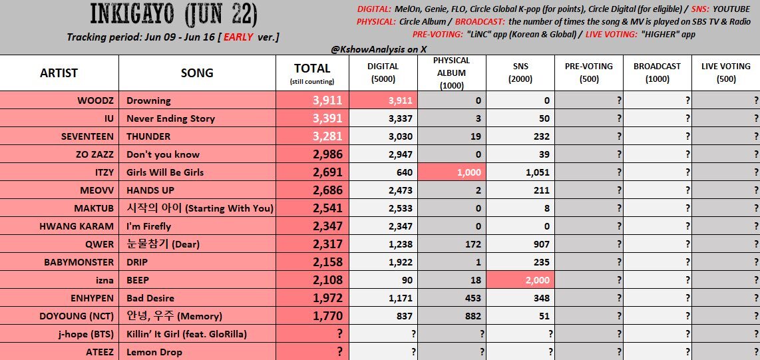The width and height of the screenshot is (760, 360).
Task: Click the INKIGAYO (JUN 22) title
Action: point(174,15)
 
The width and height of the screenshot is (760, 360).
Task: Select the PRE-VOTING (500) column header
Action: point(589,72)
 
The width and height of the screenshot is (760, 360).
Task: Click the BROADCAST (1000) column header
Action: point(658,72)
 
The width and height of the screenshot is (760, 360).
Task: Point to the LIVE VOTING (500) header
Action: point(725,72)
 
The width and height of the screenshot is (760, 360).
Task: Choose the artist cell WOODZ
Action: point(95,100)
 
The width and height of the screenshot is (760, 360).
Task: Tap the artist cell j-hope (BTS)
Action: point(85,334)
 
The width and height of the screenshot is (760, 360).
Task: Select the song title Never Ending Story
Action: point(170,118)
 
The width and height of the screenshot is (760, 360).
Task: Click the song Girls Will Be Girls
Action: point(165,172)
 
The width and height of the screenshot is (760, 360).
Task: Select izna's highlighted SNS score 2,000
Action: point(537,280)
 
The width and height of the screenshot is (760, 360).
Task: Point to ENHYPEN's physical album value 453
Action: point(472,298)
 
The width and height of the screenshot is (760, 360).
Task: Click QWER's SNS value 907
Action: point(541,244)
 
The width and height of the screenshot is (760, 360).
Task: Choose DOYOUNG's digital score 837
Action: point(404,316)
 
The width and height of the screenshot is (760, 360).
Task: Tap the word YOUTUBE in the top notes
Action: point(731,9)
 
